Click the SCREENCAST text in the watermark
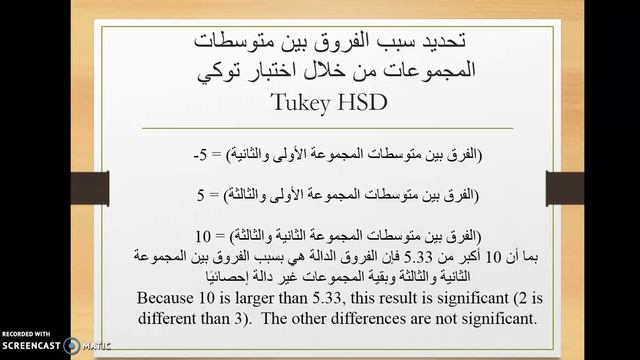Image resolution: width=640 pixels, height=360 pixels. tap(30, 346)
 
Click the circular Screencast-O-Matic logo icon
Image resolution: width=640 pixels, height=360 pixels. tap(71, 346)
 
